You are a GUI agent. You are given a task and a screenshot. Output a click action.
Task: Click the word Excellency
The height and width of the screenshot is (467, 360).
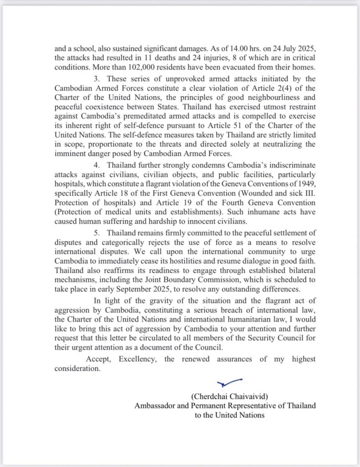[137, 359]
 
